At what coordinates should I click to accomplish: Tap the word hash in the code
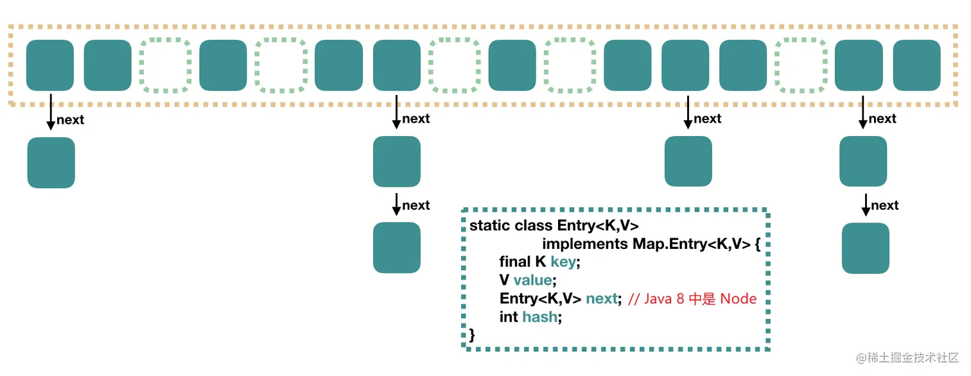539,317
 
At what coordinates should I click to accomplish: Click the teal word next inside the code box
602,298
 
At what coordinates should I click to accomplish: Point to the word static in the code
490,226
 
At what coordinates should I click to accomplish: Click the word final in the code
514,262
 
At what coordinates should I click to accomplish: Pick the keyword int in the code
509,317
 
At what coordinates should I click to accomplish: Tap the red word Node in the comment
739,298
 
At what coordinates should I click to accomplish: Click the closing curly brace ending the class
473,334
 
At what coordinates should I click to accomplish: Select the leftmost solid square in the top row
50,65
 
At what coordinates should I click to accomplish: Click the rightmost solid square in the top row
917,65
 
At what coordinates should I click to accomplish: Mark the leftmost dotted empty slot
166,65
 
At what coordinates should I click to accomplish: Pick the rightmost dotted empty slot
801,65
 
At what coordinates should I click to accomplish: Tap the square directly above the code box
688,162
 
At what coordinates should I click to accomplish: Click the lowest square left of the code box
397,248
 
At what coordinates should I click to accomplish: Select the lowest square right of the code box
865,248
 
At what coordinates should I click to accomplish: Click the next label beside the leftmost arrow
71,119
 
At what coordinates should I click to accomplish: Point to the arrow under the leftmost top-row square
51,112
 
